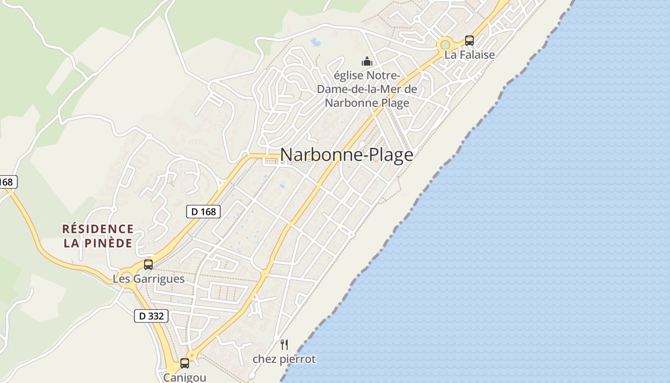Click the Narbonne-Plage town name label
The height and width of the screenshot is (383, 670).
[346, 155]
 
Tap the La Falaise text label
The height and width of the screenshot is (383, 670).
[469, 55]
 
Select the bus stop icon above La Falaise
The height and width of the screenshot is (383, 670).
[469, 41]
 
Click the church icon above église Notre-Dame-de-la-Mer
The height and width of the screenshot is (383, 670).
[367, 61]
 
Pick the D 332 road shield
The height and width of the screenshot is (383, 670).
[151, 316]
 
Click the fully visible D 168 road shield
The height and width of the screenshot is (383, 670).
[203, 211]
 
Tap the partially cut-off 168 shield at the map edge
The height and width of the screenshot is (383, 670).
[7, 182]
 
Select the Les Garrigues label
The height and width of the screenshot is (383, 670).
[148, 279]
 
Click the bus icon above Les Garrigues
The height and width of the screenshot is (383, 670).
[148, 265]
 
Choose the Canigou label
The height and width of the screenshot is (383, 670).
[185, 377]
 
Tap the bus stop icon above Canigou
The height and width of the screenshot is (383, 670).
[185, 363]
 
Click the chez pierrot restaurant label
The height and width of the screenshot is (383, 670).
[284, 359]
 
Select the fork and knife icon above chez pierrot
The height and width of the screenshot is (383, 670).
[284, 344]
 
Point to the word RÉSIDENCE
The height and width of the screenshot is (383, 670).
[98, 229]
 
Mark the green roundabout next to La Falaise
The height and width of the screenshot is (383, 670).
[445, 45]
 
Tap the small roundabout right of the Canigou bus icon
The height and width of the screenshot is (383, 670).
[192, 356]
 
